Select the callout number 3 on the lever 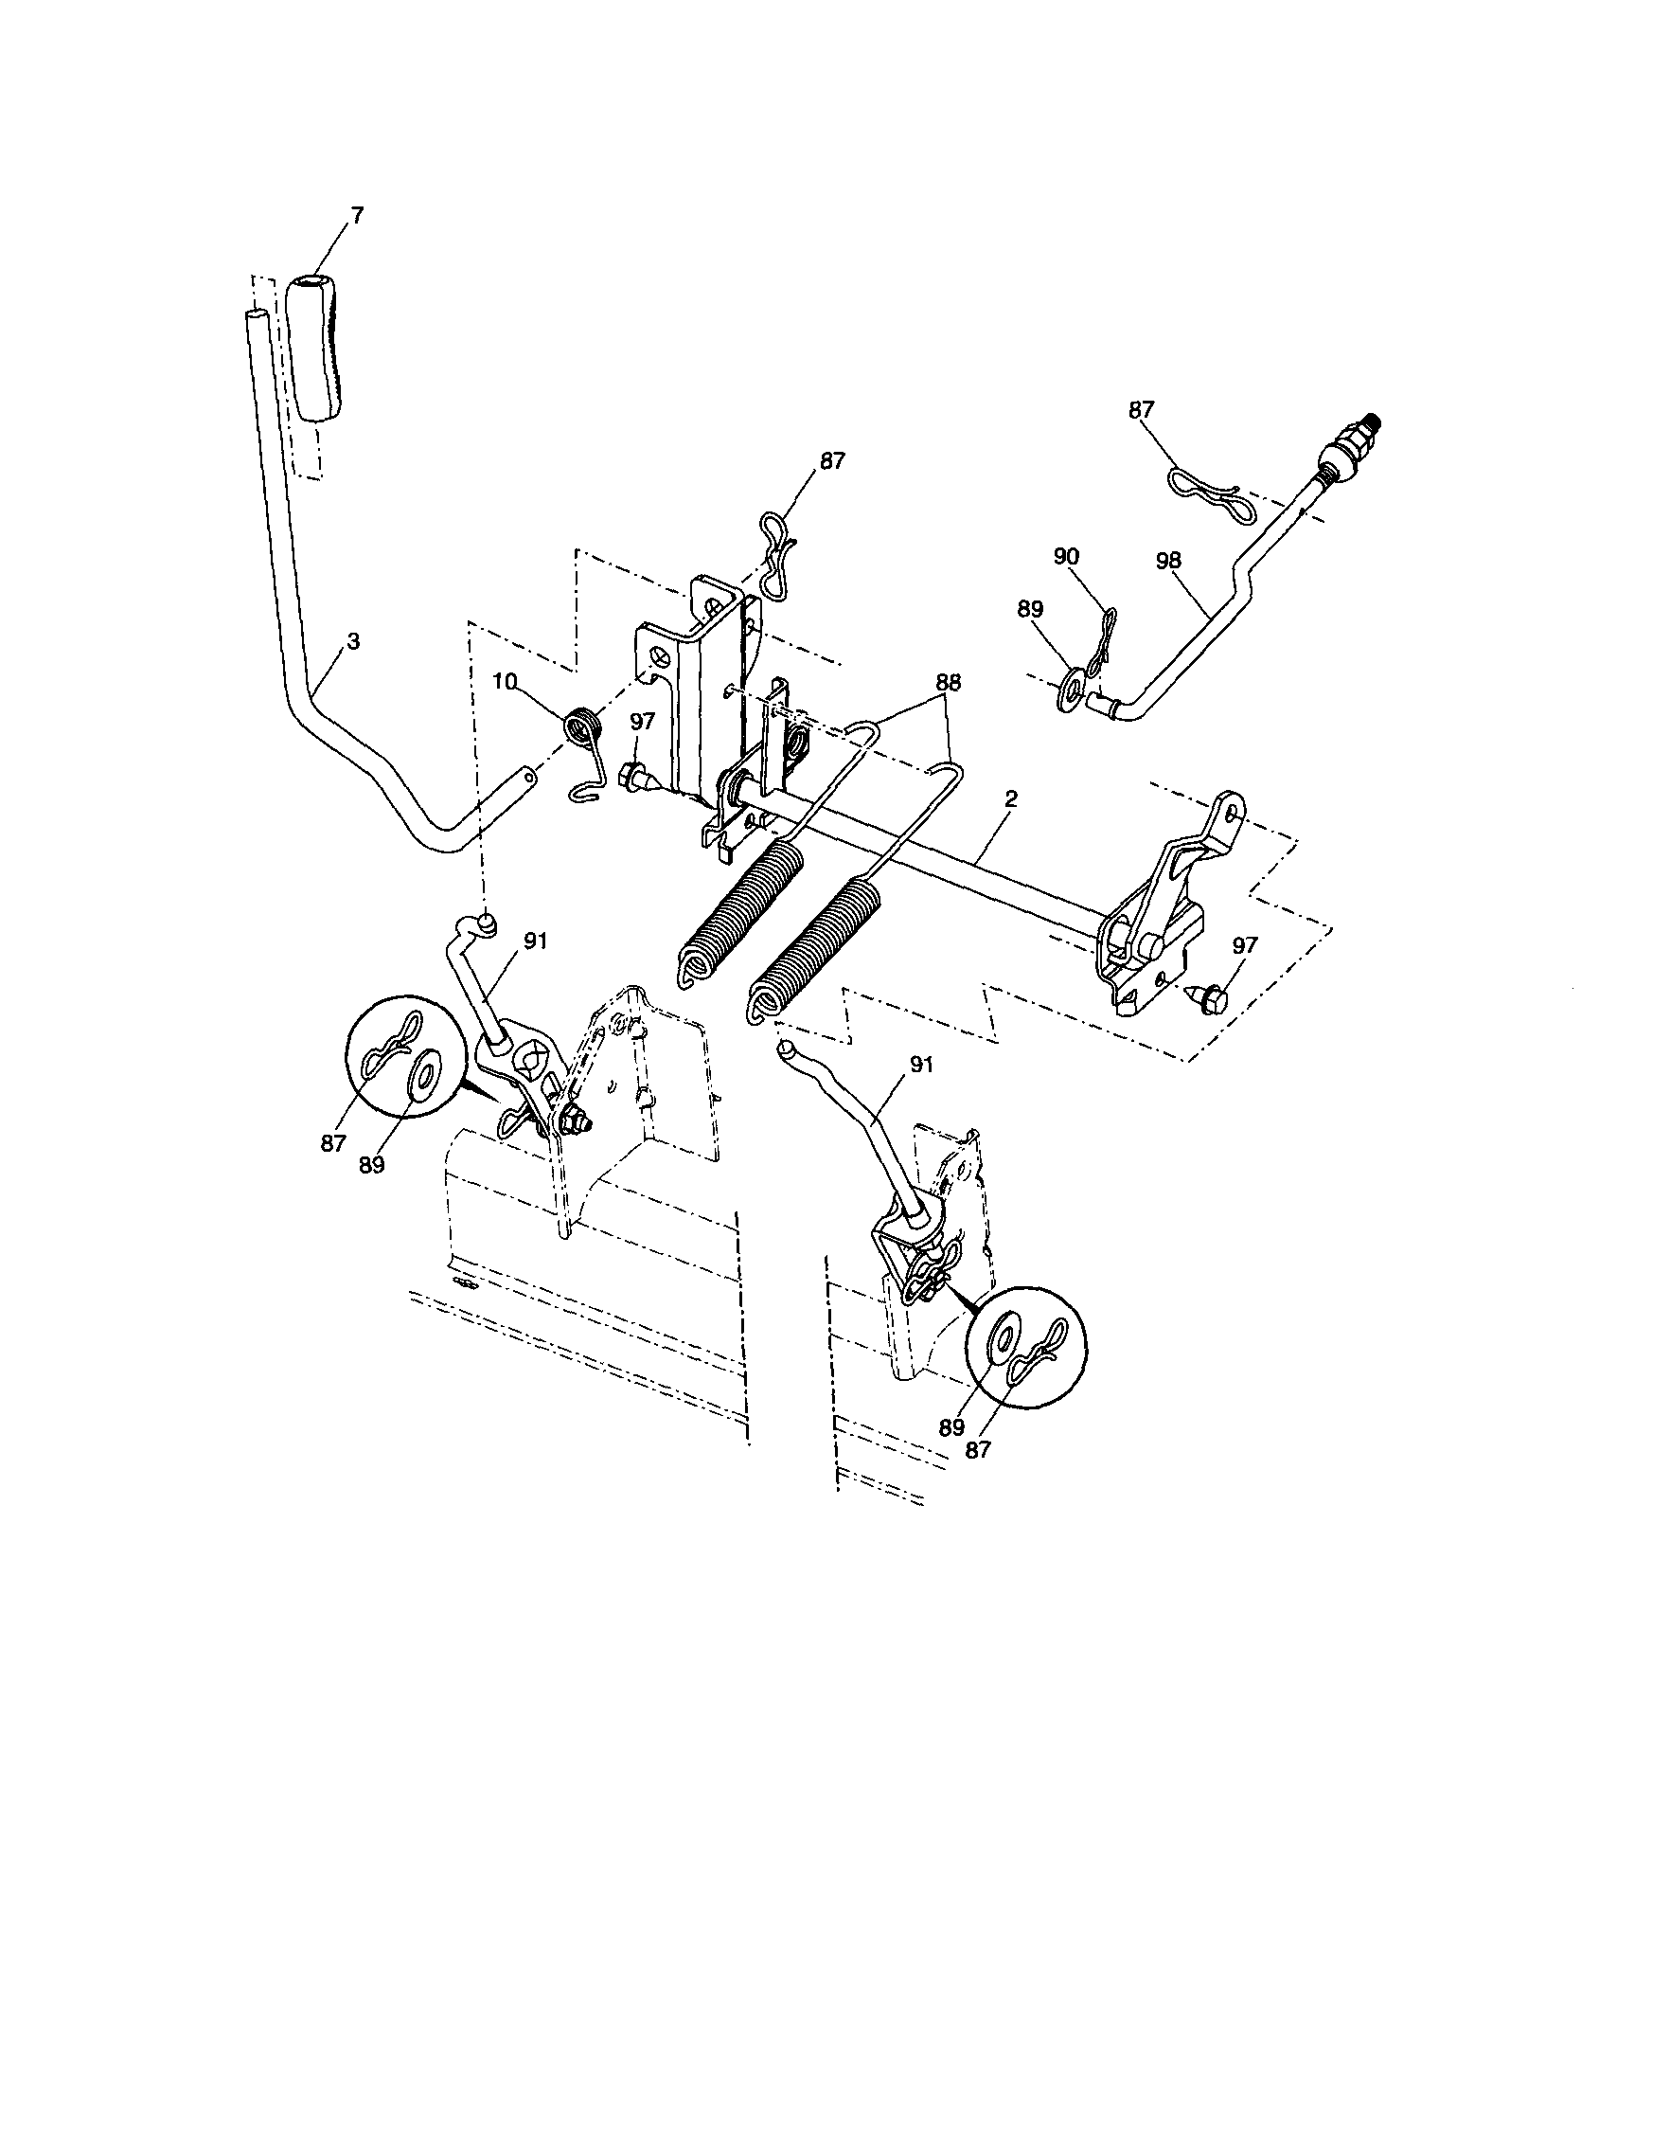point(353,641)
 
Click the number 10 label point(504,682)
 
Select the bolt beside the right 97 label point(1209,998)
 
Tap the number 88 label point(948,684)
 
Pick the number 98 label point(1168,561)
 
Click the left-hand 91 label point(535,941)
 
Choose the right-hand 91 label point(922,1065)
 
